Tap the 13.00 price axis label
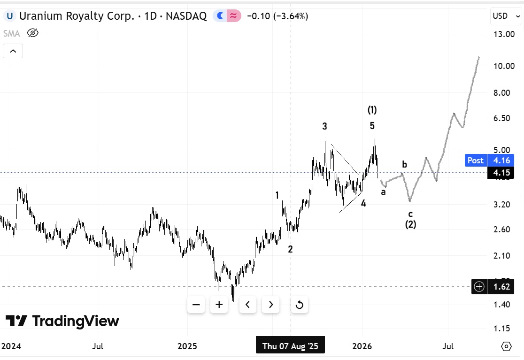(x=501, y=34)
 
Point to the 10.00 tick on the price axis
(x=501, y=66)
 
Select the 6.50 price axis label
(x=501, y=118)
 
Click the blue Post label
(x=475, y=160)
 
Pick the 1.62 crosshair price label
(x=500, y=286)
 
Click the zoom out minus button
(x=196, y=305)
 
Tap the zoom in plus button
(x=219, y=305)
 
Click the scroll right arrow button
(x=271, y=305)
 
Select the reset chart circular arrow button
(x=299, y=305)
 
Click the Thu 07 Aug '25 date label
(x=290, y=347)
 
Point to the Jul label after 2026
(x=448, y=347)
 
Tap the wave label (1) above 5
(x=372, y=110)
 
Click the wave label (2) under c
(x=410, y=224)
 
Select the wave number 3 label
(x=324, y=126)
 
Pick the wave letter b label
(x=404, y=164)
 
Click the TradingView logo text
(x=75, y=322)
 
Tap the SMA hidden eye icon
(x=32, y=33)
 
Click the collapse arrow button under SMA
(x=13, y=51)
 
